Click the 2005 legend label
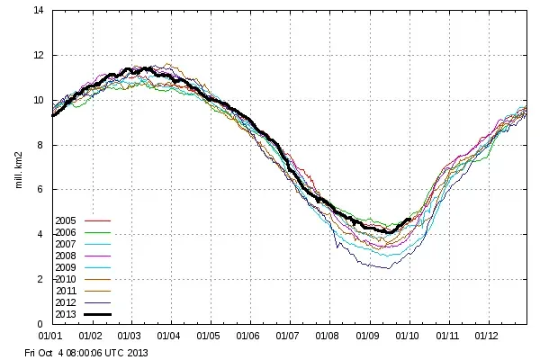[x=66, y=220]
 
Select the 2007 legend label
[x=66, y=244]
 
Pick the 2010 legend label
[x=66, y=279]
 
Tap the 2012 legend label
[x=66, y=302]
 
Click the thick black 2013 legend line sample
[x=96, y=314]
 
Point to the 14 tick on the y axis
[x=39, y=11]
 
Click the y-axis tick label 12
[x=39, y=56]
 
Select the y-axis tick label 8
[x=41, y=145]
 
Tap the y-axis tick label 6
[x=41, y=190]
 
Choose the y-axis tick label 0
[x=41, y=324]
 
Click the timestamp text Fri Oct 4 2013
[x=85, y=352]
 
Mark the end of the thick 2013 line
[x=410, y=219]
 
